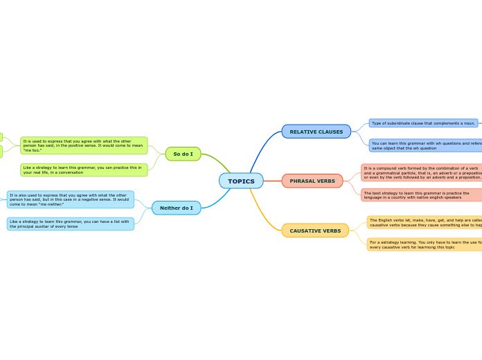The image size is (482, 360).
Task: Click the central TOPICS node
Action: (241, 181)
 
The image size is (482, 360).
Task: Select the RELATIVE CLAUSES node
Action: (316, 132)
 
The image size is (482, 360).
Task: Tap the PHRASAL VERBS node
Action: (312, 181)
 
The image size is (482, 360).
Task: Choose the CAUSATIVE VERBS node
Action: (315, 231)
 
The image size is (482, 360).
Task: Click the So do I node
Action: (183, 154)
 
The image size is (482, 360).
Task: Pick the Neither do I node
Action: (176, 208)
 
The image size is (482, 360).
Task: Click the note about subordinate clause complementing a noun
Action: (422, 123)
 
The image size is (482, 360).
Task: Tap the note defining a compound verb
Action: (422, 172)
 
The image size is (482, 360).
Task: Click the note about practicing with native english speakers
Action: (422, 195)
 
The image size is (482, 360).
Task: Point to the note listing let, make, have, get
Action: (425, 222)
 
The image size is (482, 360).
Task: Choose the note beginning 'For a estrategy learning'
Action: (425, 244)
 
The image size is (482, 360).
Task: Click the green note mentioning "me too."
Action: (84, 145)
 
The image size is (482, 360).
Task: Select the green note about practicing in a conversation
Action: (84, 170)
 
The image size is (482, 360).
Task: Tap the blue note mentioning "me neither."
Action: (70, 199)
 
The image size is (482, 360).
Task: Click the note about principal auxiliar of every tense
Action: (70, 224)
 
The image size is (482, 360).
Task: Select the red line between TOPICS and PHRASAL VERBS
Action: (272, 181)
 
